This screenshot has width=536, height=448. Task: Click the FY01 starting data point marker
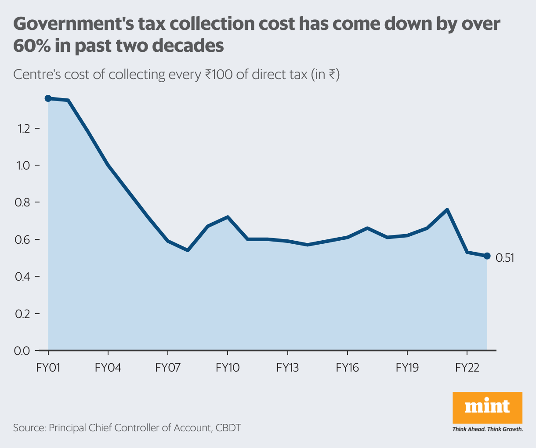(48, 98)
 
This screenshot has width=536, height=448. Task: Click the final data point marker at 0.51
(487, 256)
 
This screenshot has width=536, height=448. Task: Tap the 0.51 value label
(505, 258)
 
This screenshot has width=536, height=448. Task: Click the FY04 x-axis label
(108, 368)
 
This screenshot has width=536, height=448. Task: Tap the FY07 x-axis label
(168, 368)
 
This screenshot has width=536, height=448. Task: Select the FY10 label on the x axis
(228, 368)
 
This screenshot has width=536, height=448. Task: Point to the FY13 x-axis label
(287, 368)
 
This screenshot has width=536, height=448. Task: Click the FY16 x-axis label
(347, 368)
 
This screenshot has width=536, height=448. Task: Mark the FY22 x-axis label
(467, 368)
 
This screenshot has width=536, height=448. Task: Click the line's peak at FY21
(447, 210)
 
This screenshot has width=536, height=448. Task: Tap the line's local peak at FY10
(228, 217)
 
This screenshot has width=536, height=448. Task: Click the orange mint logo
(487, 407)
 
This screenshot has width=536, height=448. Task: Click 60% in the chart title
(30, 46)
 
